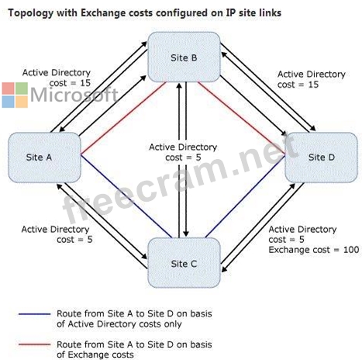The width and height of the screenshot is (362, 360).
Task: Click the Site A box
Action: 44,157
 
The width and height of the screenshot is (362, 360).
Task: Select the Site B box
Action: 184,57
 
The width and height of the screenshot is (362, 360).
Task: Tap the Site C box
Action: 184,263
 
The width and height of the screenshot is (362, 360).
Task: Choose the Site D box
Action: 321,157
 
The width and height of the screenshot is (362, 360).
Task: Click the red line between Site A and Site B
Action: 123,118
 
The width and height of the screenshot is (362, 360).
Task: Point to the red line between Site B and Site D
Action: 241,119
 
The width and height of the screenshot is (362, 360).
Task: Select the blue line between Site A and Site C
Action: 126,196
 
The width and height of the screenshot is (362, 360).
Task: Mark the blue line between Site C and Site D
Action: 245,196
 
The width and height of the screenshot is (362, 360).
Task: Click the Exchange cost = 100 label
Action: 314,250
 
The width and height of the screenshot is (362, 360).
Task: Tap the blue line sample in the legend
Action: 35,314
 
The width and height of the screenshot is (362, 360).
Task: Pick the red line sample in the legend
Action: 35,344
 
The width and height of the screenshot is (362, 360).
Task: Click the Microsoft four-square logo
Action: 15,95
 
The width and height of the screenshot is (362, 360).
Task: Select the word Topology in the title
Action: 30,13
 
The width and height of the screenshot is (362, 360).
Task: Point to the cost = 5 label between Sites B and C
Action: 183,157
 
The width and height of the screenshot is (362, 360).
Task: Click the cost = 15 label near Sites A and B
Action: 70,83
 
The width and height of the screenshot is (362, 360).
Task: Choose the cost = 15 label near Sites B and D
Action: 298,85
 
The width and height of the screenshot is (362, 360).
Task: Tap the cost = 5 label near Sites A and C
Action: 74,240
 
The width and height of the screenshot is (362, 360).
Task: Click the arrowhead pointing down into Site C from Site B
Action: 186,234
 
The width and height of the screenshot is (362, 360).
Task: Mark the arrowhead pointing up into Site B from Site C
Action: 179,86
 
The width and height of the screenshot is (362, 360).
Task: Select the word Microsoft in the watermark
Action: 74,95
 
